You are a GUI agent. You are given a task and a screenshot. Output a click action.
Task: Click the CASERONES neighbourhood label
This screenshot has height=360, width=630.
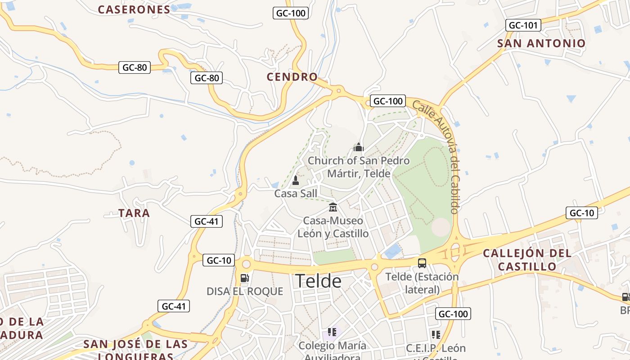134,9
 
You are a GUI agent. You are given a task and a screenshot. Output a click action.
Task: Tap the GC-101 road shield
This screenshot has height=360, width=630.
523,25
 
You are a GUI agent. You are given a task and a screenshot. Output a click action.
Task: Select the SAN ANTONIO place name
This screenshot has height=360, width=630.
541,44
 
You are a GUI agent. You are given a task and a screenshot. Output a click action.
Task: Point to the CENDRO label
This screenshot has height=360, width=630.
292,77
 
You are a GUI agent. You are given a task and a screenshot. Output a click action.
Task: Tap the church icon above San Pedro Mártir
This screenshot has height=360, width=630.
359,147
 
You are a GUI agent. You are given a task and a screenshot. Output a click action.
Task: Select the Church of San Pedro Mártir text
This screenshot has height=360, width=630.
359,167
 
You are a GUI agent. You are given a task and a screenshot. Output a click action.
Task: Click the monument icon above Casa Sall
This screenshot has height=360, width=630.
296,180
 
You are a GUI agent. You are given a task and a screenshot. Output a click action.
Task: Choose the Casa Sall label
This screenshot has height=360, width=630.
296,194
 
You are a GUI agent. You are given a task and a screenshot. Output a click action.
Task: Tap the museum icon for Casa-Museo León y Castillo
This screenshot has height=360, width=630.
333,207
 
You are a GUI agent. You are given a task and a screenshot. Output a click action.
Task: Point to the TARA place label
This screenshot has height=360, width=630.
134,213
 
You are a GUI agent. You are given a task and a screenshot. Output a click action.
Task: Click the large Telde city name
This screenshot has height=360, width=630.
318,281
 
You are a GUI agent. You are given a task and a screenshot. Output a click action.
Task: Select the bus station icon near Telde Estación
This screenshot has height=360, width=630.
422,263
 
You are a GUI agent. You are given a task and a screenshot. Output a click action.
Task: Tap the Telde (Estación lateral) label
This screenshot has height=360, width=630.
422,283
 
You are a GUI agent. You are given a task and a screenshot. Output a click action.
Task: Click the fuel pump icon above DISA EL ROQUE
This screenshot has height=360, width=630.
245,278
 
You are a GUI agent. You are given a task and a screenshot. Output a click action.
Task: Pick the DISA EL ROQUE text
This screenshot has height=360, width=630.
245,292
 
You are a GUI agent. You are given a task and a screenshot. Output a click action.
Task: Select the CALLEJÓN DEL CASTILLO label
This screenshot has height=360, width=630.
527,260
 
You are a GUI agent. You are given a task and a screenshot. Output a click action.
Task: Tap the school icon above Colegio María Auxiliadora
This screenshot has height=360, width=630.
332,333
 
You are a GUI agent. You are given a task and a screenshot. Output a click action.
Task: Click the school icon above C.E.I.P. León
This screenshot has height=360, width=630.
436,334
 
